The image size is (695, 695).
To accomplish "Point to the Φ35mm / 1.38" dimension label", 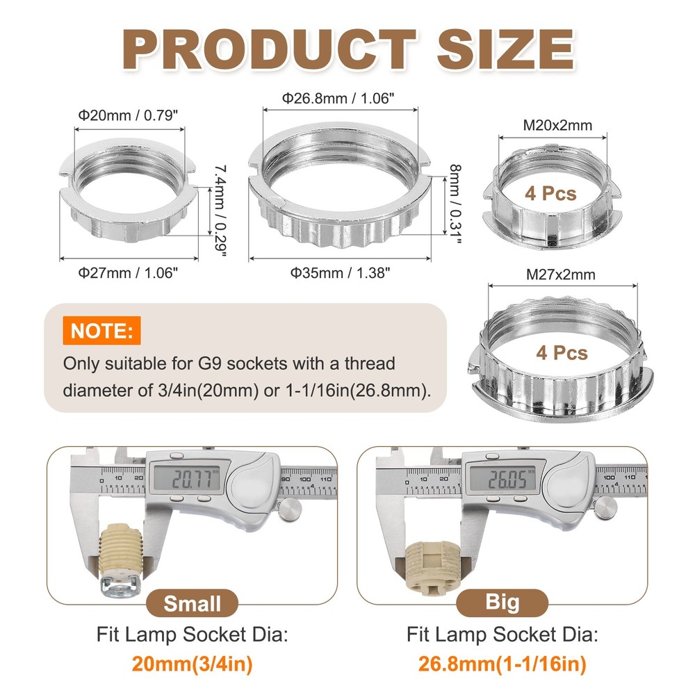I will pos(341,272).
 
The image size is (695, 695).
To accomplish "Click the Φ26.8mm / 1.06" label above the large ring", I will pos(341,98).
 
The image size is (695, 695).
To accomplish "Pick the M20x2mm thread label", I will pos(553,125).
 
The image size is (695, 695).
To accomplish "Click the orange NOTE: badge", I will pos(101,330).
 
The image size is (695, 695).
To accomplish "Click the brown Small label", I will pos(192,603).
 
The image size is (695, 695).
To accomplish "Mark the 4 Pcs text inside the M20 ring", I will pos(551,193).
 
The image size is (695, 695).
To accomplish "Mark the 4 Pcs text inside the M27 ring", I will pos(562,352).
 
